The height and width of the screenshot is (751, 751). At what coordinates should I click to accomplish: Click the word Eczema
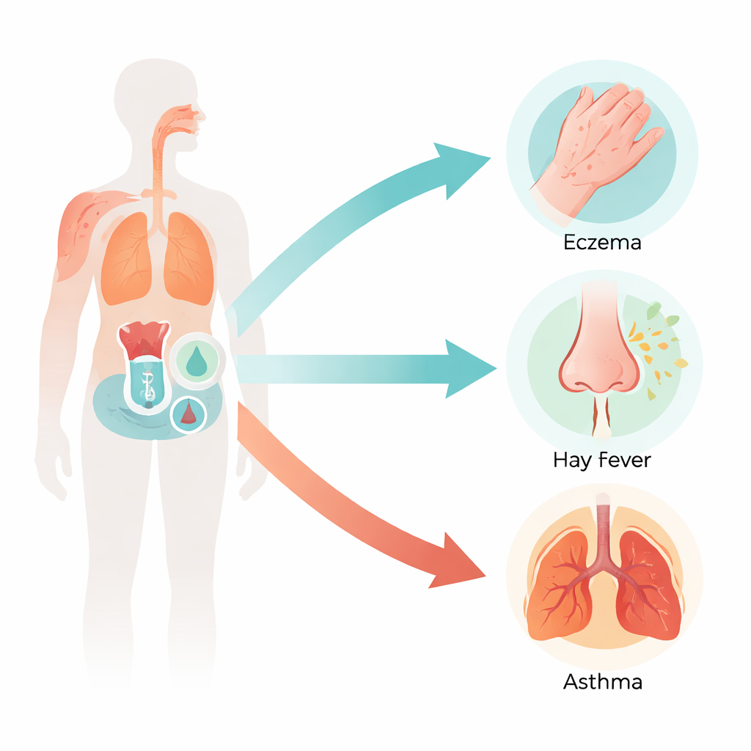602,242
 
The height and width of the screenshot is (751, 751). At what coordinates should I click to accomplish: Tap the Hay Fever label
602,461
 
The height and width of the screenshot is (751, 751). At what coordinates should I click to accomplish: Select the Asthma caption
603,681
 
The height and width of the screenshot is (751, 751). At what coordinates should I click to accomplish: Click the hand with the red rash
596,144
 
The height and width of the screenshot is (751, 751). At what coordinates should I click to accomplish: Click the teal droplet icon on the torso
197,361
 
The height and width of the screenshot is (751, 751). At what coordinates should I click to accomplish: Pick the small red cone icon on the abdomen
188,413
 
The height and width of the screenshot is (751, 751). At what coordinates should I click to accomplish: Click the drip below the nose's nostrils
602,417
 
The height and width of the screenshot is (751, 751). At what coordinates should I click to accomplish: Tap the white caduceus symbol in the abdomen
148,386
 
